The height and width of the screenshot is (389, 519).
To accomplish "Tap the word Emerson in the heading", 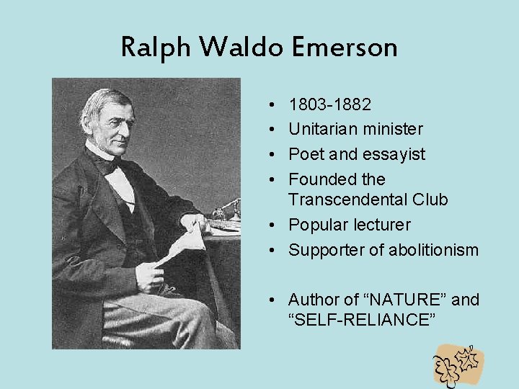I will point(345,48).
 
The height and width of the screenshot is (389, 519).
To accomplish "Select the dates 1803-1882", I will point(330,105).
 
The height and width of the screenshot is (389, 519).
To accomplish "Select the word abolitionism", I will point(433,250).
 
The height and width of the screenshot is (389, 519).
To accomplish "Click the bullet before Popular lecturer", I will point(278,225).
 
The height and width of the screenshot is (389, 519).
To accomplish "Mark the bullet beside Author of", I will point(278,300).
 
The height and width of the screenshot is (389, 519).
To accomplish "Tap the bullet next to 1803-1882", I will point(278,106).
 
